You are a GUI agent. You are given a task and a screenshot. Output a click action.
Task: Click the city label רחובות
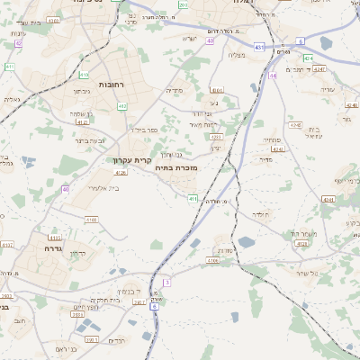(x=112, y=84)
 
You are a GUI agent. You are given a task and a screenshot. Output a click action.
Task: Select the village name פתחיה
(x=271, y=140)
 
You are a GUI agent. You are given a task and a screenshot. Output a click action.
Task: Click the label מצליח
(x=237, y=56)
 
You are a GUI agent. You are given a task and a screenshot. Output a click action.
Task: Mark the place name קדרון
(x=78, y=253)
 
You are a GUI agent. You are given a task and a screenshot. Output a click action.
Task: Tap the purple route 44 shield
(x=273, y=76)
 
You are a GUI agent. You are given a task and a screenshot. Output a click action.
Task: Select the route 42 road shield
(x=18, y=43)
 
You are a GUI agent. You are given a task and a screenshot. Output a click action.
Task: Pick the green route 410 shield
(x=84, y=75)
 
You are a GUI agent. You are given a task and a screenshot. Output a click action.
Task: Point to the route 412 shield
(x=121, y=106)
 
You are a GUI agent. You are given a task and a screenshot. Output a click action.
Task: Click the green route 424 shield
(x=309, y=58)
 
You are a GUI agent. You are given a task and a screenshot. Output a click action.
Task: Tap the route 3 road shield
(x=166, y=283)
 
